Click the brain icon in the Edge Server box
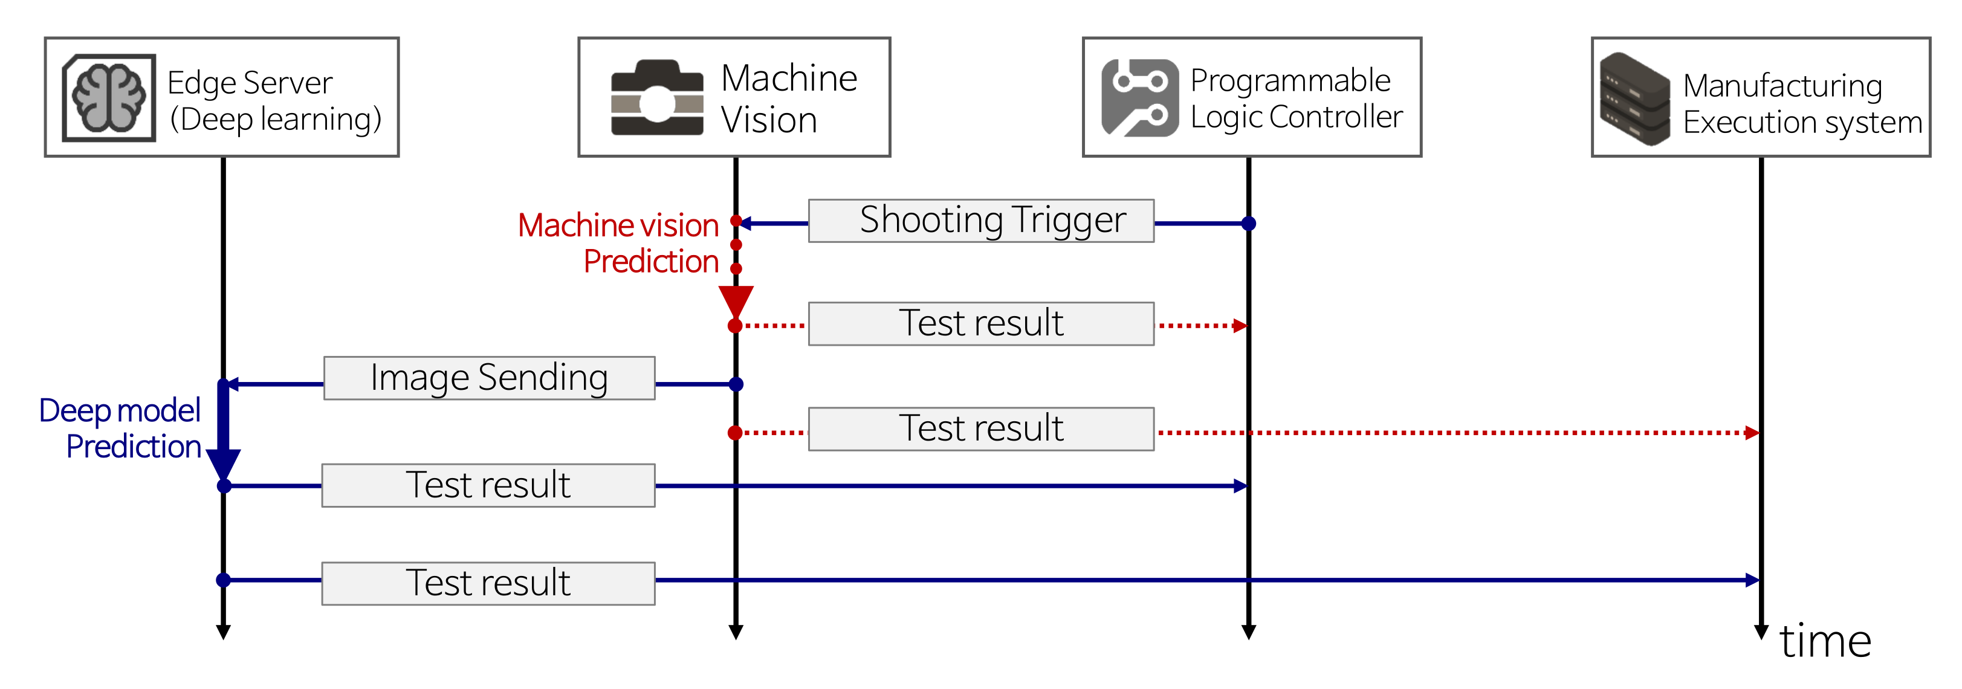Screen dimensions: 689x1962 click(x=109, y=97)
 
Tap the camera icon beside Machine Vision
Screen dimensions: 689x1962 click(x=657, y=98)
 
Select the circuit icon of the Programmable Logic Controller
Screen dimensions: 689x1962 click(x=1139, y=97)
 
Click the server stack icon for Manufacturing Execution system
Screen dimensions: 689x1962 click(x=1634, y=99)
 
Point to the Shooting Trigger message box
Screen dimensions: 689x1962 click(x=981, y=221)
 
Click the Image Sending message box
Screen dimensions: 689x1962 click(x=489, y=378)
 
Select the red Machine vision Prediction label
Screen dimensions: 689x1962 click(x=618, y=243)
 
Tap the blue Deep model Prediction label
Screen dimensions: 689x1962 click(x=120, y=428)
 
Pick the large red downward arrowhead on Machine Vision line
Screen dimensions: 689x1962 click(x=736, y=301)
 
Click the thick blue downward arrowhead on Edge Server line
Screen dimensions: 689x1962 click(x=223, y=464)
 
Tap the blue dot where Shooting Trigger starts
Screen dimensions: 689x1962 click(x=1248, y=223)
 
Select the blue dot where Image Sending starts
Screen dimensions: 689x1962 click(x=736, y=384)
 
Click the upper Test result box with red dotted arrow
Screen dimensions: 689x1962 click(x=981, y=323)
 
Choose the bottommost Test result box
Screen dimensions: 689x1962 click(x=488, y=583)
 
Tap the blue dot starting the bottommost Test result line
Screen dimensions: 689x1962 click(x=223, y=580)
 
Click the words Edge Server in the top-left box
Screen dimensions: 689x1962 click(x=250, y=82)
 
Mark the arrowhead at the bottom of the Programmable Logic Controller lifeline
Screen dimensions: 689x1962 click(x=1248, y=632)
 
